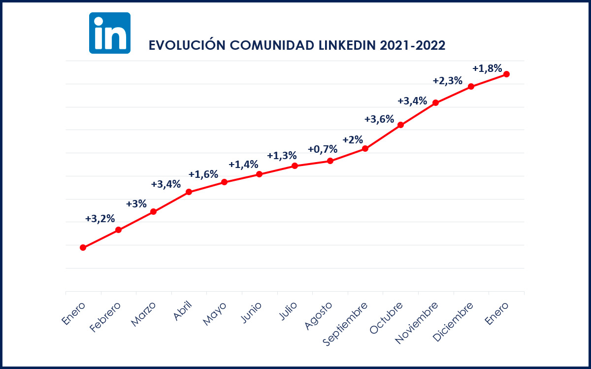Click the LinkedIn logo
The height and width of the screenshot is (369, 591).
(110, 33)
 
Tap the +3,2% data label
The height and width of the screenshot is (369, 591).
(100, 218)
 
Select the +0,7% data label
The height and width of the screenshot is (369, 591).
(323, 149)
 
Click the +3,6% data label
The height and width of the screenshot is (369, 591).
(379, 119)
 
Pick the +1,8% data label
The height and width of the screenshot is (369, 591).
(487, 68)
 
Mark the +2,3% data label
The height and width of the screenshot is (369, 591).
(447, 81)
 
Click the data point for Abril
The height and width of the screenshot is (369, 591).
(189, 192)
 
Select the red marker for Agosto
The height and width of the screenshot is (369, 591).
(330, 161)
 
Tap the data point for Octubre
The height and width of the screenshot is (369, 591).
(400, 125)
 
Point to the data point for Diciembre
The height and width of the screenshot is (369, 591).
(471, 86)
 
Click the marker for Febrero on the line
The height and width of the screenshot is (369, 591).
(118, 230)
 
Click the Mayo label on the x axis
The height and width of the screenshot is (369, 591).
(214, 313)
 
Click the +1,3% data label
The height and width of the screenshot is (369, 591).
(282, 155)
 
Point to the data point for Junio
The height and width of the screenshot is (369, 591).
(259, 174)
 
